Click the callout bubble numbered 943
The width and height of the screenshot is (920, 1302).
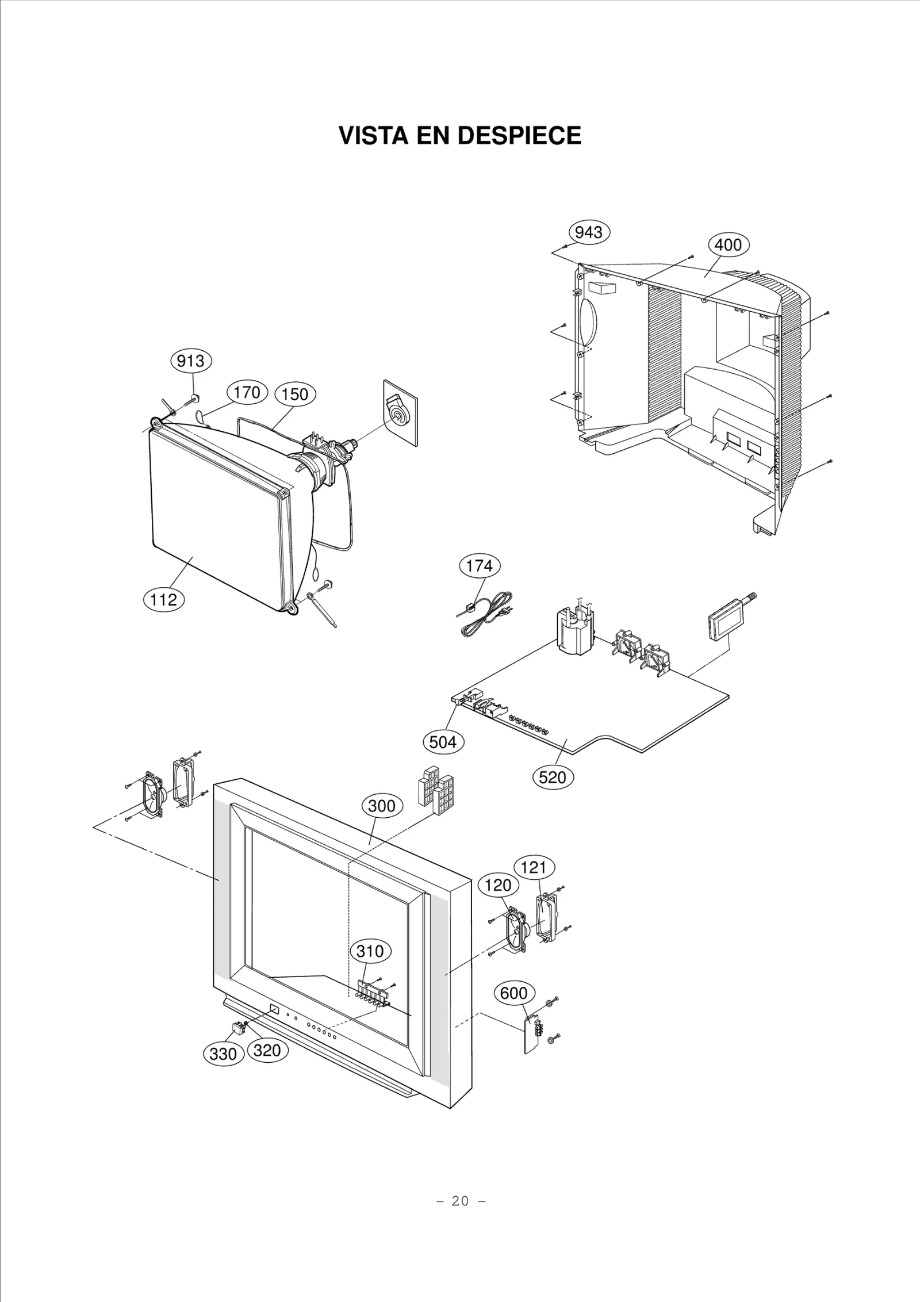click(589, 232)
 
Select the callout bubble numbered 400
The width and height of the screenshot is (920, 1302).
click(728, 245)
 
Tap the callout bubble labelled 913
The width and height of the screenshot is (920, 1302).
click(191, 361)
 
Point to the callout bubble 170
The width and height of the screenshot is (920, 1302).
click(247, 393)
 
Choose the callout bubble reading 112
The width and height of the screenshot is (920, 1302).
click(163, 600)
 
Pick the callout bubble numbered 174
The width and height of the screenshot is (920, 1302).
click(480, 566)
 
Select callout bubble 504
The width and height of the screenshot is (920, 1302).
click(443, 742)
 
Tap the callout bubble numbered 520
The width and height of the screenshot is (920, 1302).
click(553, 778)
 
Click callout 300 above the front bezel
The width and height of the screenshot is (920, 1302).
click(382, 806)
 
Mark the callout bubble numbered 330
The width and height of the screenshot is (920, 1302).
click(223, 1054)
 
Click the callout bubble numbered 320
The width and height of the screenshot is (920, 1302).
click(267, 1050)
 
